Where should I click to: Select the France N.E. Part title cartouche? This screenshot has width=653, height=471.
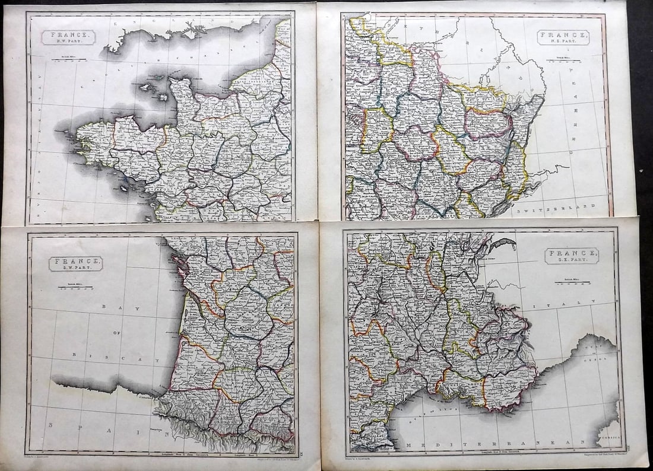pyautogui.click(x=563, y=37)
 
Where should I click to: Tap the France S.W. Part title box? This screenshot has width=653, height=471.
pyautogui.click(x=75, y=263)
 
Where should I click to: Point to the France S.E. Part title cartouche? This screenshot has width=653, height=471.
pyautogui.click(x=572, y=256)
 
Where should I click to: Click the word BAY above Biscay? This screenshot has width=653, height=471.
pyautogui.click(x=107, y=307)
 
